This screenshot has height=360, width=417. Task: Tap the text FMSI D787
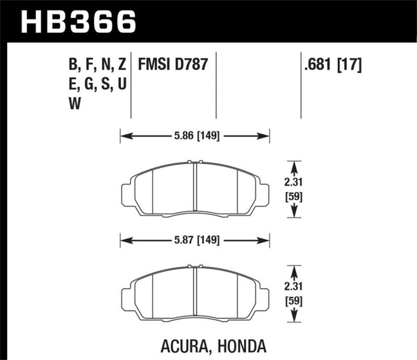coord(169,67)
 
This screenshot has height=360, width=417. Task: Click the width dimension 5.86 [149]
coord(195,136)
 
